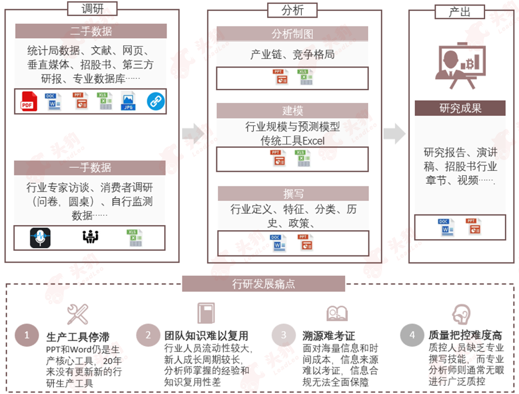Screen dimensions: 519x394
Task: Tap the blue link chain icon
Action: [x=156, y=101]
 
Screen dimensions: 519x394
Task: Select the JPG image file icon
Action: [x=128, y=101]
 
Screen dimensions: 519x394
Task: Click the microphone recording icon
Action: [x=40, y=238]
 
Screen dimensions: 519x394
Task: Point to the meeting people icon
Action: [x=90, y=236]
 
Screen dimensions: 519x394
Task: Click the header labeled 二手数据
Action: [x=91, y=31]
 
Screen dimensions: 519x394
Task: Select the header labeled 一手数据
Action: [x=90, y=167]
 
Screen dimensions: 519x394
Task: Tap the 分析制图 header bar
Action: [x=292, y=34]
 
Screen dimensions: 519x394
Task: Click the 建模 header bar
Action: [x=292, y=110]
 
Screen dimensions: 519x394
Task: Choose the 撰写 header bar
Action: [x=293, y=194]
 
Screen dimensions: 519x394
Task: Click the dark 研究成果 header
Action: [x=460, y=108]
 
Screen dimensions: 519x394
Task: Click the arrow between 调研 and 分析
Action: [x=193, y=134]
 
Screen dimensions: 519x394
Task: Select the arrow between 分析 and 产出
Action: [x=395, y=134]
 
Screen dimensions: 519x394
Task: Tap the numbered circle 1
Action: [x=27, y=335]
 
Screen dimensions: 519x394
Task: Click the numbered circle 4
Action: [x=412, y=334]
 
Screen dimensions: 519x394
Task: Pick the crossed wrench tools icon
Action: [x=78, y=314]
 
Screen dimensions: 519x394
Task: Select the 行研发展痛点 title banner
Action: [x=264, y=284]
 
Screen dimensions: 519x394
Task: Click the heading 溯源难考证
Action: [x=329, y=335]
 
